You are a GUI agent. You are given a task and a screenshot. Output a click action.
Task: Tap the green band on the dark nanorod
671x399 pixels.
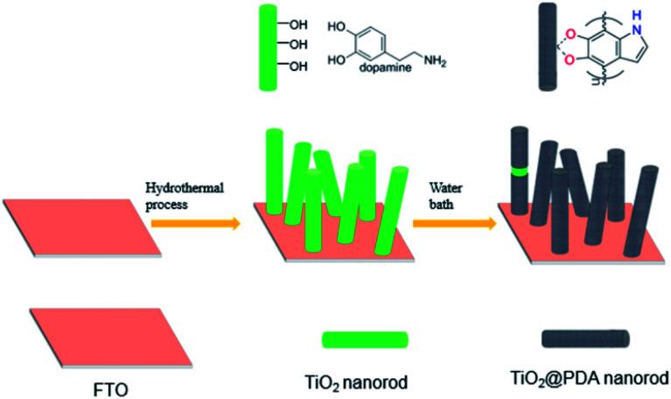tap(521, 171)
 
